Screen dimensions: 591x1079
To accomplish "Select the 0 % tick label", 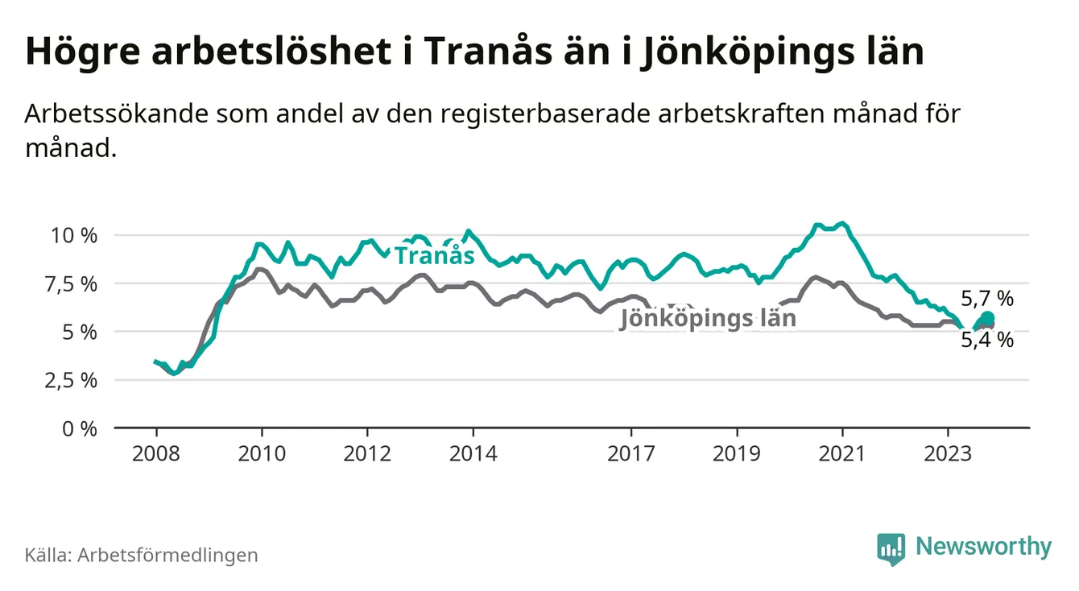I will coord(80,428).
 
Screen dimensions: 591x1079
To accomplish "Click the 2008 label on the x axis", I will coord(156,453).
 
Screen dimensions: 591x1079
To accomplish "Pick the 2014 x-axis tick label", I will coord(473,453).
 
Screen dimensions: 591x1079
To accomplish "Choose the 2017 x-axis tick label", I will coord(631,453).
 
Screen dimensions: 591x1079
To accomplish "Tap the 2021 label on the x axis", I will coord(842,453).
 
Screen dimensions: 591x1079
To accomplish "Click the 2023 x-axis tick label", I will coord(948,453).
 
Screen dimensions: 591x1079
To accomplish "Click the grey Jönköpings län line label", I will coord(708,319).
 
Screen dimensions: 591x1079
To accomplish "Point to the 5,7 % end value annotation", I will coord(987,299).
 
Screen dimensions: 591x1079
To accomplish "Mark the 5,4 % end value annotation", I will coord(987,340).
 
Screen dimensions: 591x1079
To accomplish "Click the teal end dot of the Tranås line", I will coord(988,317).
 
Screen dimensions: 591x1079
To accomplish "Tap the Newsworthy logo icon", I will coord(890,548).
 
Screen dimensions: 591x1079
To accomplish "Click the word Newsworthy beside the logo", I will coord(983,548).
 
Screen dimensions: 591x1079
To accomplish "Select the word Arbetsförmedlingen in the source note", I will coord(167,555).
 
